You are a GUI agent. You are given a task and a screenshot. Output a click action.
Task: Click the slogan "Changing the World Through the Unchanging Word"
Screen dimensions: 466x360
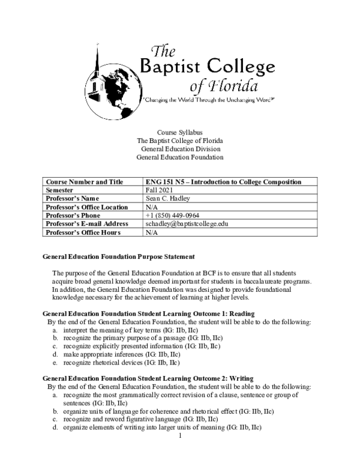coord(208,98)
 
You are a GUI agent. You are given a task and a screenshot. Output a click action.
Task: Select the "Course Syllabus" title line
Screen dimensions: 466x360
coord(180,132)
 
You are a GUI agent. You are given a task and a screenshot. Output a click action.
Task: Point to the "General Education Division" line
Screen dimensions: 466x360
coord(180,149)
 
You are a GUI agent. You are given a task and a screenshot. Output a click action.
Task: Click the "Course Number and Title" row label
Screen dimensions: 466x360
coord(84,182)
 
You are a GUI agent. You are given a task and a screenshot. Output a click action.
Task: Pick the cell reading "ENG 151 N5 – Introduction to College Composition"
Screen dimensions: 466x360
coord(223,182)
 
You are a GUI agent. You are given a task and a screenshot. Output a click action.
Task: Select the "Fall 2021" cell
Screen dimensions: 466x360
coord(159,190)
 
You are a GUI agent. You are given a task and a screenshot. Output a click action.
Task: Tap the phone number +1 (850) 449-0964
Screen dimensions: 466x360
coord(172,216)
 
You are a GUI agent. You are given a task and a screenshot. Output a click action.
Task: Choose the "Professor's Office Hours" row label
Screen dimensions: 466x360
coord(83,232)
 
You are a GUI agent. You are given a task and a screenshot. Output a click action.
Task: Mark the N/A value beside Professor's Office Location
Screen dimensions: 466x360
coord(152,207)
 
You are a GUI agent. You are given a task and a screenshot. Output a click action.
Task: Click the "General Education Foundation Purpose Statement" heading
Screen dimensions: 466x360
coord(118,256)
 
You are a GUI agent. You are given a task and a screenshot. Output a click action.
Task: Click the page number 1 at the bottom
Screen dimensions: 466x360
coord(180,436)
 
